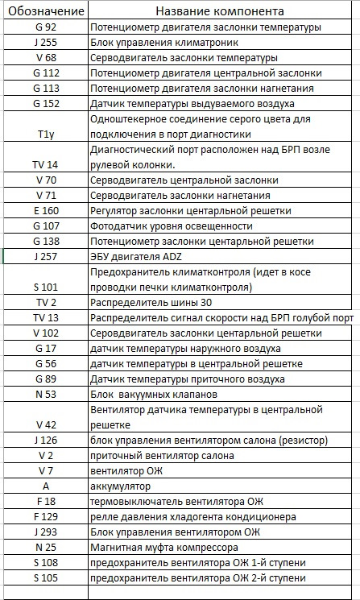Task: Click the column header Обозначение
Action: [x=45, y=12]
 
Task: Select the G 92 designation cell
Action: [x=45, y=27]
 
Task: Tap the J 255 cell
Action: [x=45, y=43]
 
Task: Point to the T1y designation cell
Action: [x=45, y=134]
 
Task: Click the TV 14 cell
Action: [x=45, y=164]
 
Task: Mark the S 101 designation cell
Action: [x=45, y=287]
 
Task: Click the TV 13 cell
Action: [x=45, y=317]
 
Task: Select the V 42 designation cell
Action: [x=45, y=424]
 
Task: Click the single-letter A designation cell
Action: [x=45, y=486]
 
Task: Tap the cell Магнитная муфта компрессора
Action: [x=170, y=547]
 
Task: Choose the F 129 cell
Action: [x=45, y=516]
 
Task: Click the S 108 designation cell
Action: [x=45, y=562]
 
